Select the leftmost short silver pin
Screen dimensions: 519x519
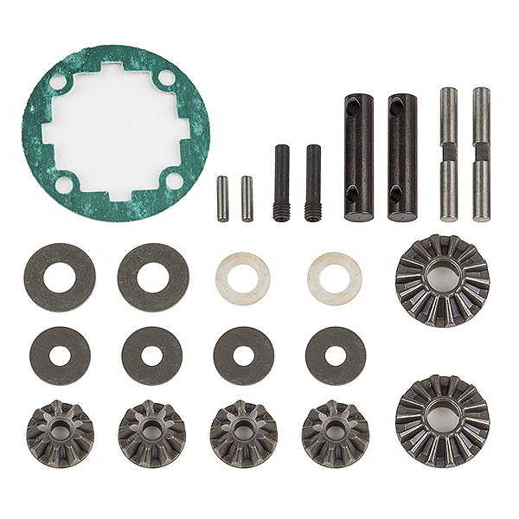(x=222, y=198)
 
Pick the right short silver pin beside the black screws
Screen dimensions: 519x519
(x=247, y=198)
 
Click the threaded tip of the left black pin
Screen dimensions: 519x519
(x=282, y=211)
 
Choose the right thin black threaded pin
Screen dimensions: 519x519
(x=313, y=183)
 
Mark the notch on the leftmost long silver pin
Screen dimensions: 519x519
(x=448, y=152)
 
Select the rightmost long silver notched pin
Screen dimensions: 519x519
(x=481, y=154)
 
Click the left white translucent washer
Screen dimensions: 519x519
(x=242, y=279)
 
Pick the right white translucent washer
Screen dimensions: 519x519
(x=334, y=278)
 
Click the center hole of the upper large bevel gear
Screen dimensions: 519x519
(x=442, y=279)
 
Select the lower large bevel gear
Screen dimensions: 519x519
(x=442, y=420)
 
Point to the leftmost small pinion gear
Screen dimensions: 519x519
(x=61, y=432)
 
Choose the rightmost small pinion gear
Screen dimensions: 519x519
(x=336, y=432)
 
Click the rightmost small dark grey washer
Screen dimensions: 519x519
(x=336, y=355)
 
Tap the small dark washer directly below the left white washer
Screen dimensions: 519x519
(x=244, y=355)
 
